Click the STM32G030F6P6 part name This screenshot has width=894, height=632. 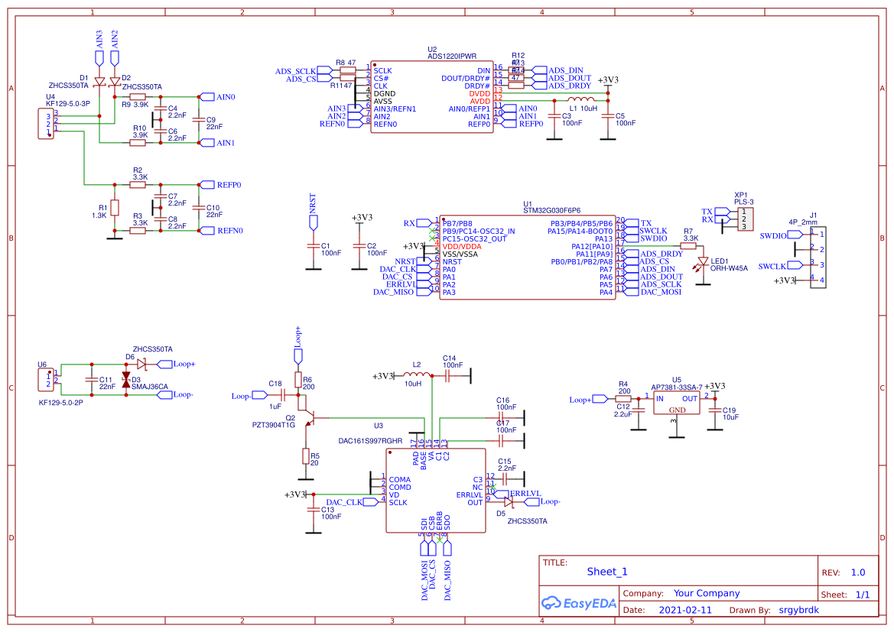[551, 209]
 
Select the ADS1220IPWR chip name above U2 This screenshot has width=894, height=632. [452, 56]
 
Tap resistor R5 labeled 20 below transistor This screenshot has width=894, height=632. [305, 457]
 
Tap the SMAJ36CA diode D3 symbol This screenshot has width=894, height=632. [126, 380]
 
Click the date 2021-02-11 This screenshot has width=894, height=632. [684, 611]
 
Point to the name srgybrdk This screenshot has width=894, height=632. [798, 611]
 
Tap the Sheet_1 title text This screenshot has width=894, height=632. [606, 572]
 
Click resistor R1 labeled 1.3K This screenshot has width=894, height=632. [115, 208]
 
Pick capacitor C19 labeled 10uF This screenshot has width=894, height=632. [716, 412]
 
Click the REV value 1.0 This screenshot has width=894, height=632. [857, 572]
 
